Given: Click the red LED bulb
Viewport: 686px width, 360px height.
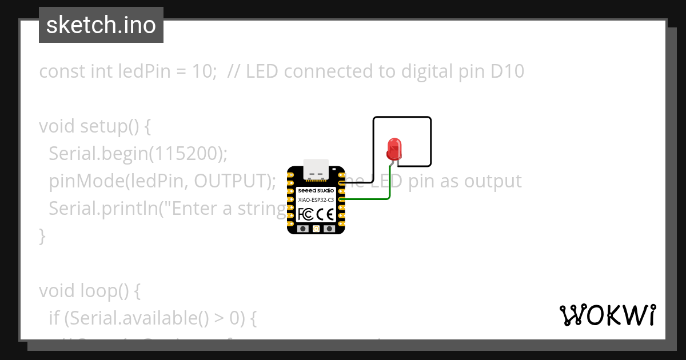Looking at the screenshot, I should click(394, 149).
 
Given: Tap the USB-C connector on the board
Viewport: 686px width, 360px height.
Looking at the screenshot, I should click(316, 168).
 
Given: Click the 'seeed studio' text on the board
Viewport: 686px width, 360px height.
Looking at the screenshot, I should click(316, 190).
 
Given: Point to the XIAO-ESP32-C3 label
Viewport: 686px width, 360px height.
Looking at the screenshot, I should click(316, 199).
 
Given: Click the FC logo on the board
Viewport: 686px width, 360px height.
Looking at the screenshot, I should click(306, 214).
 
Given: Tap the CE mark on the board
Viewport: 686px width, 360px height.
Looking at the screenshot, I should click(325, 214).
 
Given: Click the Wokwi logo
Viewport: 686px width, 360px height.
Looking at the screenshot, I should click(607, 315).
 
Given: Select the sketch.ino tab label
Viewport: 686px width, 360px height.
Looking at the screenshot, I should click(101, 25).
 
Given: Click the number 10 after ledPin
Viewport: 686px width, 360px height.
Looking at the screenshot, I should click(200, 71).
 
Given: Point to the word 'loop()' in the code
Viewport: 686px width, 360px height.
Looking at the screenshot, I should click(105, 291).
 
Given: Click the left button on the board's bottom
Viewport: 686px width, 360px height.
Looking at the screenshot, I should click(303, 229).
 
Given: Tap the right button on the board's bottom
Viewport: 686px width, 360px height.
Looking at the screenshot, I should click(329, 229).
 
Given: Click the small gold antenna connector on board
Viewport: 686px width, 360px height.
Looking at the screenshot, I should click(316, 229).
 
